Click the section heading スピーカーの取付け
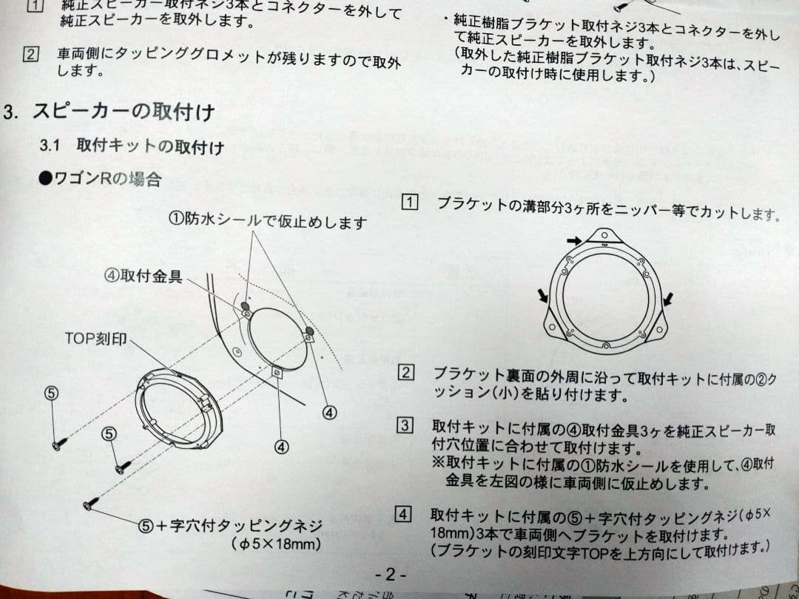124,113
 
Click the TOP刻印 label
95,339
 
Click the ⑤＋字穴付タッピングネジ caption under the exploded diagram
231,526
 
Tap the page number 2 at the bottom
390,574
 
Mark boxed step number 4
403,513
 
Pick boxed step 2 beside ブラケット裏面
406,372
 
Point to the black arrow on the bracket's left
544,296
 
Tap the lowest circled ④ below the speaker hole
281,447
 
